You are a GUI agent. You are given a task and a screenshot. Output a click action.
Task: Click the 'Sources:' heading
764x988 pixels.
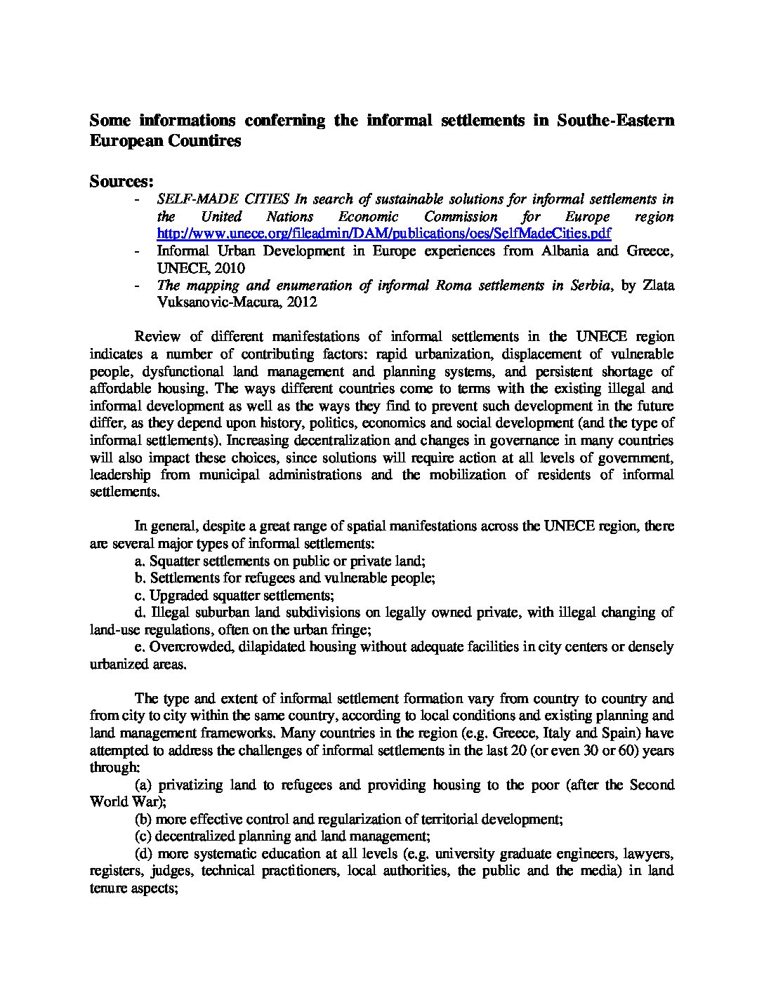(x=121, y=182)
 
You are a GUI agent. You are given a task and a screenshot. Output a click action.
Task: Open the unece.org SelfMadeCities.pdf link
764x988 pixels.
(x=384, y=234)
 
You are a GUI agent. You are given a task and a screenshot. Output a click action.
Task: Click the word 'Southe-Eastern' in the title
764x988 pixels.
(x=615, y=120)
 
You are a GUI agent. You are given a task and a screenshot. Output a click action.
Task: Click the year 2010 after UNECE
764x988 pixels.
(x=229, y=268)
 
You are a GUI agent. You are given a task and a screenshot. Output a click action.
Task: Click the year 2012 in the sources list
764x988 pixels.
(x=302, y=302)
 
